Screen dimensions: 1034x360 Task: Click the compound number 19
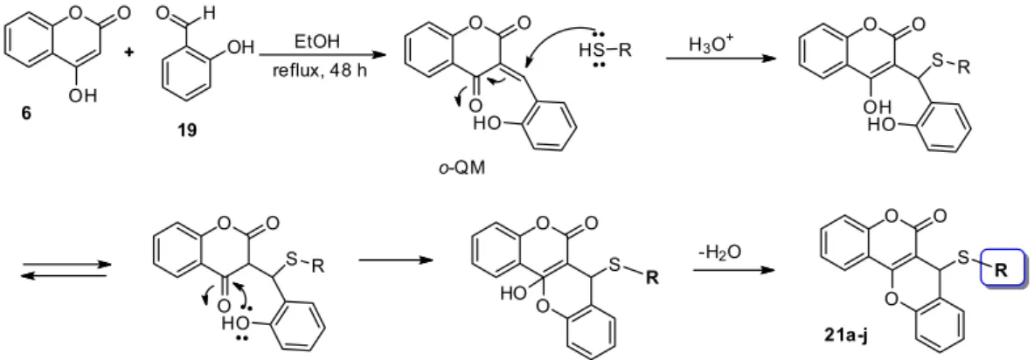[x=187, y=130]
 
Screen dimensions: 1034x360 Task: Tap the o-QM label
[x=461, y=168]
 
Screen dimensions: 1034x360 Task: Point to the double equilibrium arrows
[x=64, y=270]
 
